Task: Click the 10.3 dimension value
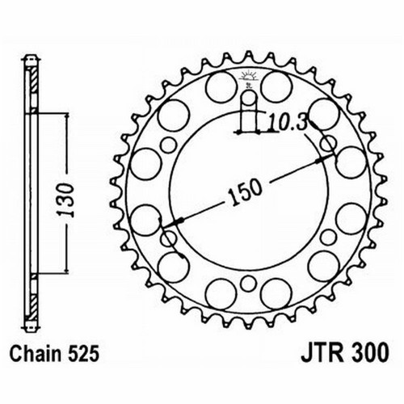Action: coord(288,123)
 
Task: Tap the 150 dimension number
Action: coord(245,192)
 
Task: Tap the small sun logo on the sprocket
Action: coord(249,77)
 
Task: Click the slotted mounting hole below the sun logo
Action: coord(248,107)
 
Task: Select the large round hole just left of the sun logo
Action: coord(221,87)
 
